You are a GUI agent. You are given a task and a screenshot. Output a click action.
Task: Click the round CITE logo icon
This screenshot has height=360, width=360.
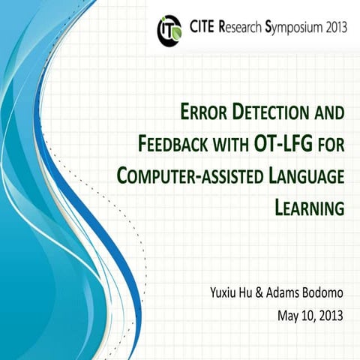(x=169, y=29)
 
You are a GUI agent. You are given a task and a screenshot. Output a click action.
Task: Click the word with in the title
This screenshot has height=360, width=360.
(x=235, y=144)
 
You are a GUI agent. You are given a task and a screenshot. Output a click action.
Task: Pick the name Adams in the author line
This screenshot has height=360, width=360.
(x=287, y=289)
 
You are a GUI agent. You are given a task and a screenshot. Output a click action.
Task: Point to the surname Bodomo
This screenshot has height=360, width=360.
(x=325, y=289)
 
